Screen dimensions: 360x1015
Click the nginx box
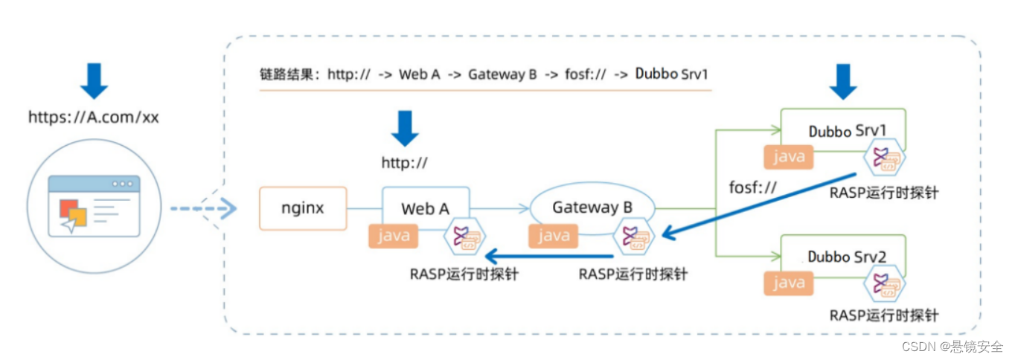(x=303, y=208)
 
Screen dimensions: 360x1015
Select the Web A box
(x=426, y=208)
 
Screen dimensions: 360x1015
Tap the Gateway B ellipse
(x=592, y=208)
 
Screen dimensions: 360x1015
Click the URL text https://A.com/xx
(x=94, y=117)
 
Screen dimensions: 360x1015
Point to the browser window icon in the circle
(x=94, y=205)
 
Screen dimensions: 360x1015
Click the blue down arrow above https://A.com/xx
(x=94, y=81)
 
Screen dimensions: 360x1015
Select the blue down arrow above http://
(x=405, y=128)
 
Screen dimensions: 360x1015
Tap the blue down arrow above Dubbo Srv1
(x=843, y=81)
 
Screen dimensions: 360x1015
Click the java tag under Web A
(x=394, y=236)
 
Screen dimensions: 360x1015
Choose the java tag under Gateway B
(x=554, y=236)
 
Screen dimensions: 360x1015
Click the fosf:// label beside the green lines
(x=752, y=187)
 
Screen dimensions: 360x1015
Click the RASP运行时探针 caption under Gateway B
(x=633, y=274)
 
